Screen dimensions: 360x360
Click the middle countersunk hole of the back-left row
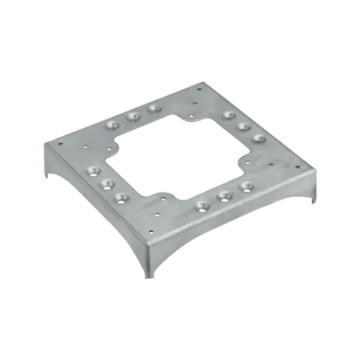(133, 115)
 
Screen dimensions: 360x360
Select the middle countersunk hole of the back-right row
(243, 127)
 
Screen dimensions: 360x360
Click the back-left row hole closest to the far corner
(154, 108)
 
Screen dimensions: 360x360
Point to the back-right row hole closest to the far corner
(228, 115)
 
